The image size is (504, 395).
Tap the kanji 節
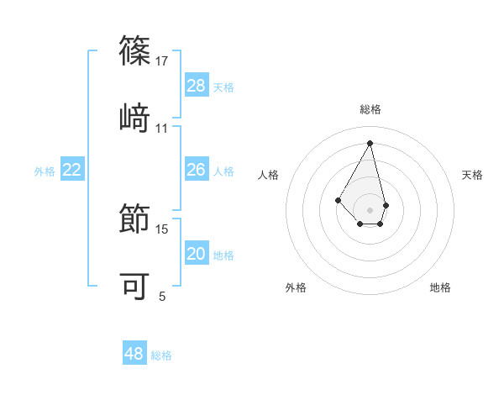134,218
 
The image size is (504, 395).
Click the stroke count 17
162,61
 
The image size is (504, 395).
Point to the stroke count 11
162,129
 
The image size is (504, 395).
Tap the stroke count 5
162,296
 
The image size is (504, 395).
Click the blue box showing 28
197,85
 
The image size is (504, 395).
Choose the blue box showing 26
197,170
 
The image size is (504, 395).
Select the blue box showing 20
197,254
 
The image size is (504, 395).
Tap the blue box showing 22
72,170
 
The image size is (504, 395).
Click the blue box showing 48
134,354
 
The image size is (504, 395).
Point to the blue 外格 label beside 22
45,171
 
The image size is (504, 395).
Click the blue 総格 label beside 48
161,355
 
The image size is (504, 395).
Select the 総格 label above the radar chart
370,109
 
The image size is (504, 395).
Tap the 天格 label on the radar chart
472,175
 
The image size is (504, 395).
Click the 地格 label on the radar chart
440,287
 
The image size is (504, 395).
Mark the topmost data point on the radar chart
370,142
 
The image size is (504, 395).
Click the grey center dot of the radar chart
370,209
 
